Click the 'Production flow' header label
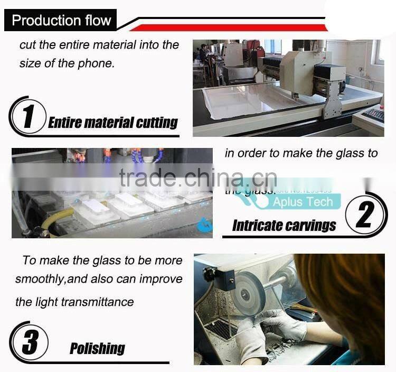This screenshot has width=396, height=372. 61,21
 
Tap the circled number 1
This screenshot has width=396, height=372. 28,116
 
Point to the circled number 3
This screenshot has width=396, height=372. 30,342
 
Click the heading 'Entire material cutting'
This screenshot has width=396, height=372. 113,123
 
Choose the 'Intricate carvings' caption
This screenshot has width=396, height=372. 284,226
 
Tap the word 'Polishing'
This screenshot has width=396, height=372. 97,348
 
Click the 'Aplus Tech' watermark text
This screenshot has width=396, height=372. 303,202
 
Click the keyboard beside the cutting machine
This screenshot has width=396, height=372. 373,115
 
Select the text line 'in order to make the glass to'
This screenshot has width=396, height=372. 301,153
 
